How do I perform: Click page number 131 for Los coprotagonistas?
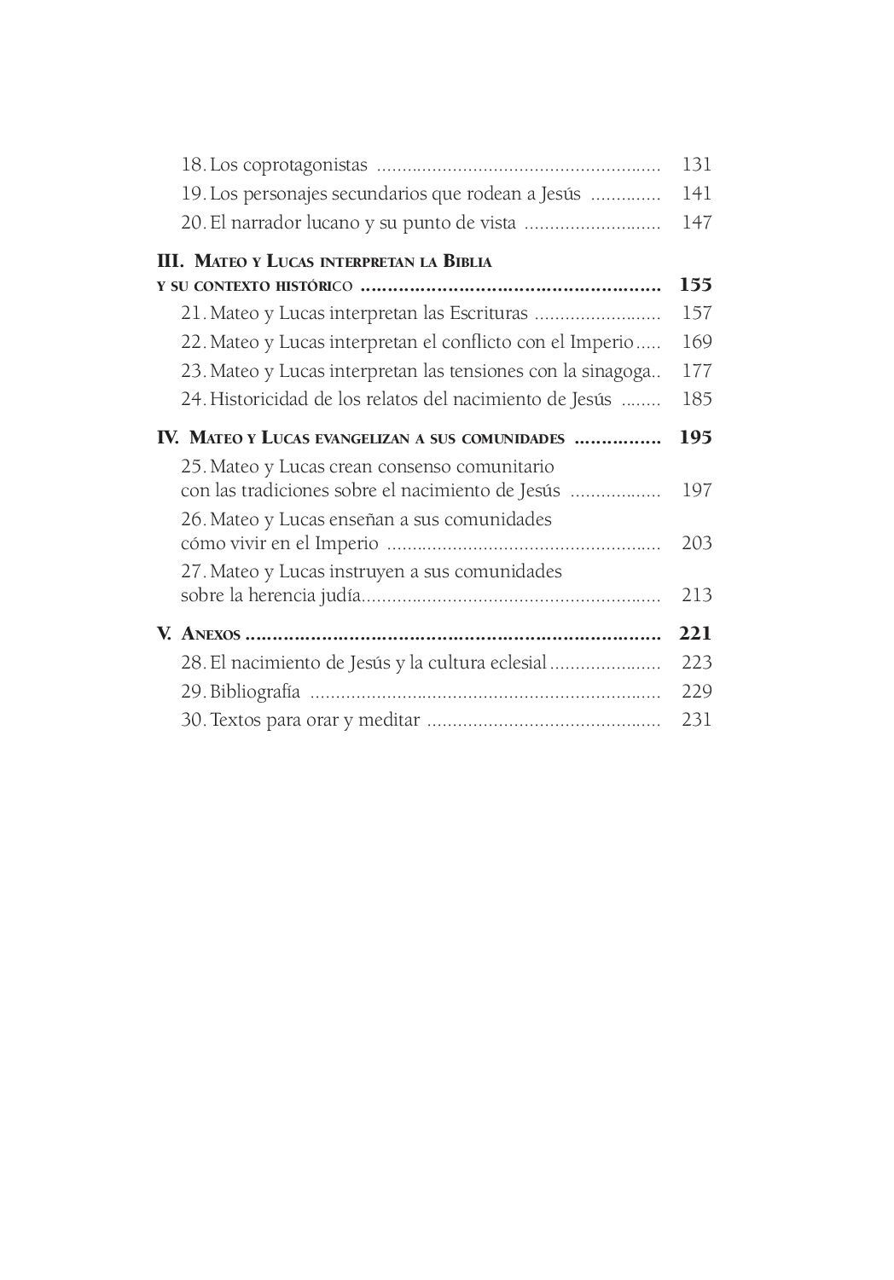pos(696,165)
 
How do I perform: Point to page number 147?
pos(696,223)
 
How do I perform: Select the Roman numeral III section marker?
pos(171,261)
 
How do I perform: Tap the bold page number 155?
pos(695,285)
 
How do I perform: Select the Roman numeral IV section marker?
pos(168,438)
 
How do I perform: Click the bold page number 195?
pos(695,438)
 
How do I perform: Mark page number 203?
pos(696,543)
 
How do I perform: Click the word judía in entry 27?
pos(339,595)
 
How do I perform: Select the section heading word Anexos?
pos(211,634)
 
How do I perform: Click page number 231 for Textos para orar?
pos(696,720)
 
